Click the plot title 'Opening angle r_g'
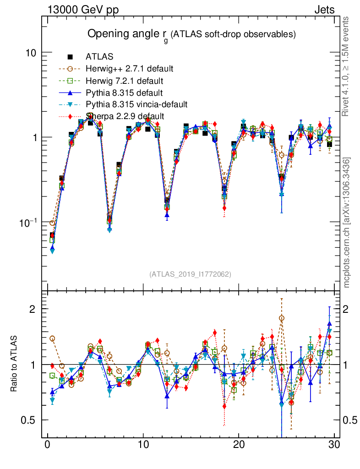tap(128, 35)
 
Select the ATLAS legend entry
tap(96, 57)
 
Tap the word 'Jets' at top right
tap(324, 10)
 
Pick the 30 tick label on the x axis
tap(334, 445)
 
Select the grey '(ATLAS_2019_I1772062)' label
tap(190, 274)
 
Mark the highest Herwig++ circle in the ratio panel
tap(282, 318)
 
